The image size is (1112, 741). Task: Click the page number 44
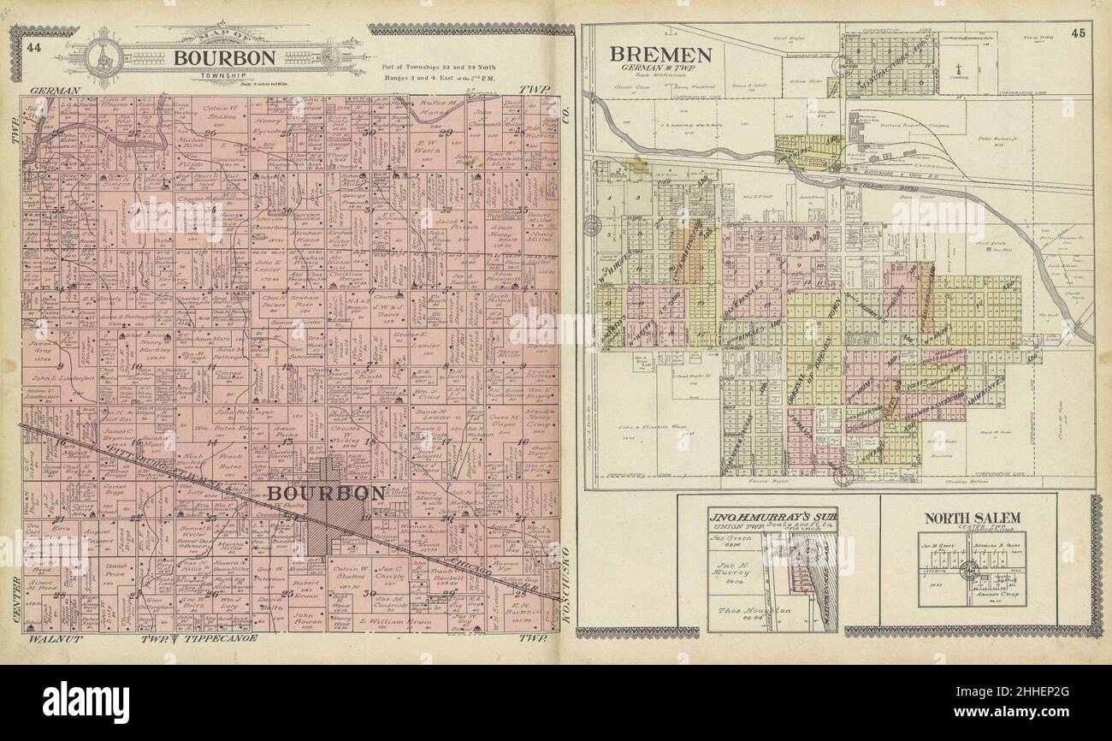click(x=34, y=47)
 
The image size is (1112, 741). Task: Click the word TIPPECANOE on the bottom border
click(x=213, y=639)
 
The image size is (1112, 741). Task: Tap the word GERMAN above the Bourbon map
click(x=55, y=90)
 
